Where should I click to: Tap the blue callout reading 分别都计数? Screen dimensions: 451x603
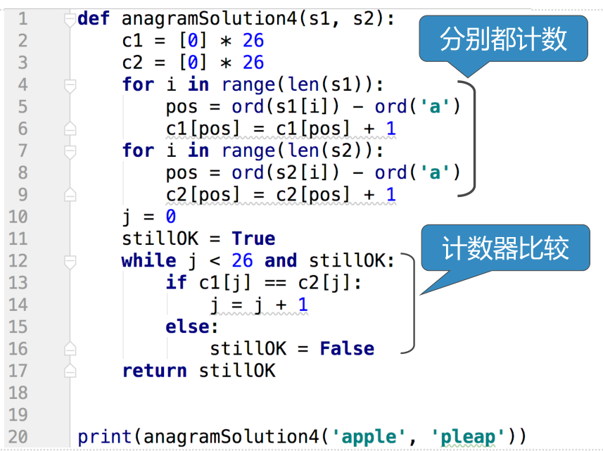[503, 39]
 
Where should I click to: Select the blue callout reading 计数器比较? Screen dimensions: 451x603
[505, 249]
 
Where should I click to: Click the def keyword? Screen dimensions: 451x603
[94, 18]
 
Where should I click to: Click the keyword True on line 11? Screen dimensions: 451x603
[253, 239]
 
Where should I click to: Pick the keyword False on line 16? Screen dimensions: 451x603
[347, 348]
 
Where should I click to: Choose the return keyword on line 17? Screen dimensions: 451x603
[154, 371]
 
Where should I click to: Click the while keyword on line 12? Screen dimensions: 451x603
[148, 261]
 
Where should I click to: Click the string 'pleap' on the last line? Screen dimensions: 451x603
[467, 437]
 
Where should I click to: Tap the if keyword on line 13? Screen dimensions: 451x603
[176, 283]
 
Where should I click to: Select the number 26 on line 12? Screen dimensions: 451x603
[242, 261]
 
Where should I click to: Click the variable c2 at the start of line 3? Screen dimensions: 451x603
[132, 63]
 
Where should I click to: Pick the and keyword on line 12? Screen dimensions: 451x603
[281, 261]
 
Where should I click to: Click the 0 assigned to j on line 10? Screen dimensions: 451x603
[170, 216]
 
